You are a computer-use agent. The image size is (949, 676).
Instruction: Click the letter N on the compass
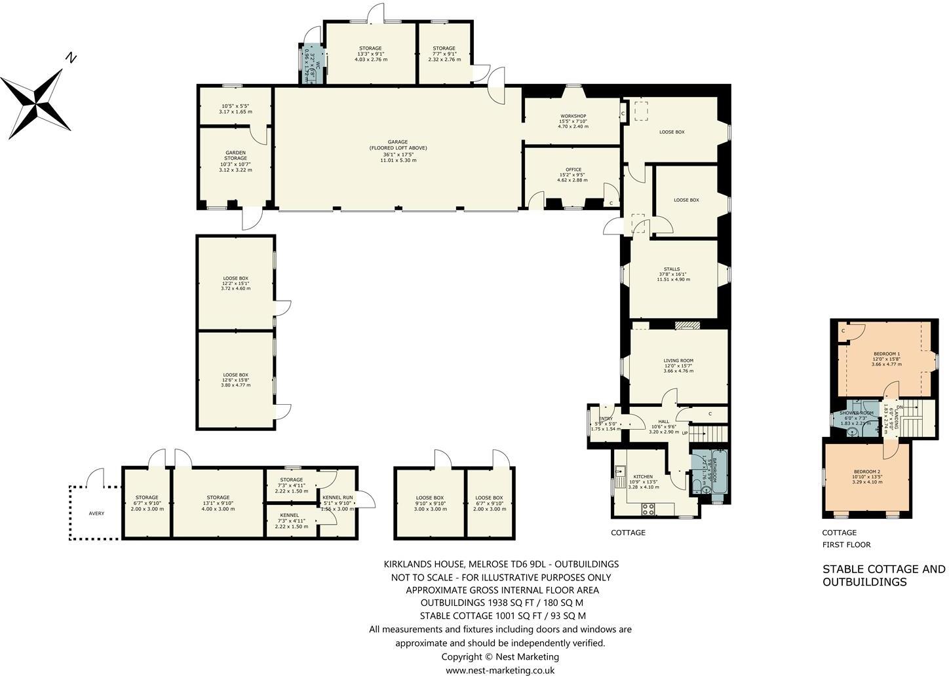click(71, 58)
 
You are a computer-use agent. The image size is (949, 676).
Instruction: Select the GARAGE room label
click(398, 142)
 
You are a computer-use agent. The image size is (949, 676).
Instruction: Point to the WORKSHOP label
click(573, 116)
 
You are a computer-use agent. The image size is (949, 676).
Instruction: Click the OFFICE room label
click(573, 170)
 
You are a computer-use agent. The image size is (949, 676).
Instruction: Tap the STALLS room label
click(671, 269)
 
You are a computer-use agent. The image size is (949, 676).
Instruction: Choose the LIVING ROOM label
click(678, 361)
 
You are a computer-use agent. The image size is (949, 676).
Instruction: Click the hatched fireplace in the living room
click(688, 325)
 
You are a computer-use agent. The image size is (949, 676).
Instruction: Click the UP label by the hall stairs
click(685, 433)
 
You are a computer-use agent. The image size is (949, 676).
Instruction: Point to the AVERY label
click(96, 514)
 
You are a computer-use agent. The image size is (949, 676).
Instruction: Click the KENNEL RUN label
click(338, 498)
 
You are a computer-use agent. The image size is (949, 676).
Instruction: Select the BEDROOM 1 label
click(886, 354)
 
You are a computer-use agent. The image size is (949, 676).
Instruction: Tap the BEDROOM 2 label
click(866, 472)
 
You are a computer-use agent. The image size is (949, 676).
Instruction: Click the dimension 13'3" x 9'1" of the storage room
click(370, 54)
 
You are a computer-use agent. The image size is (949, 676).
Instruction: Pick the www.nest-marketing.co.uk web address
click(500, 670)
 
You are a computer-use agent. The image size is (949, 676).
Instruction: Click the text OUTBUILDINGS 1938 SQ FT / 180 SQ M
click(501, 603)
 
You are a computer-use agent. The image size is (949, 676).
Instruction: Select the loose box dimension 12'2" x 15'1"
click(235, 283)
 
